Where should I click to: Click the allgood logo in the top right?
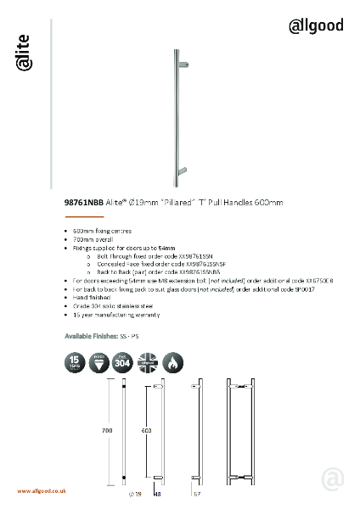(x=316, y=25)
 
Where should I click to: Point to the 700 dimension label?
(x=107, y=431)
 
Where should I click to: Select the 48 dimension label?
(x=158, y=493)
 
